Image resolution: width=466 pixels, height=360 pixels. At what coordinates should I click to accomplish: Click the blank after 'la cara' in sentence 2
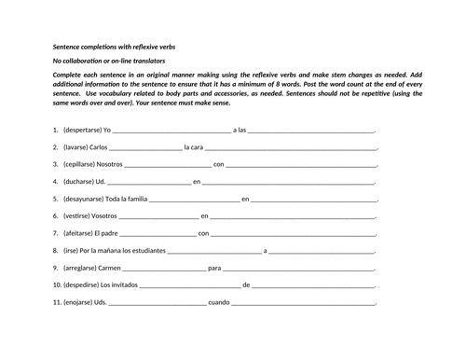[291, 148]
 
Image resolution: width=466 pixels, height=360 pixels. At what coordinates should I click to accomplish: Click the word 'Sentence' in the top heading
[67, 47]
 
